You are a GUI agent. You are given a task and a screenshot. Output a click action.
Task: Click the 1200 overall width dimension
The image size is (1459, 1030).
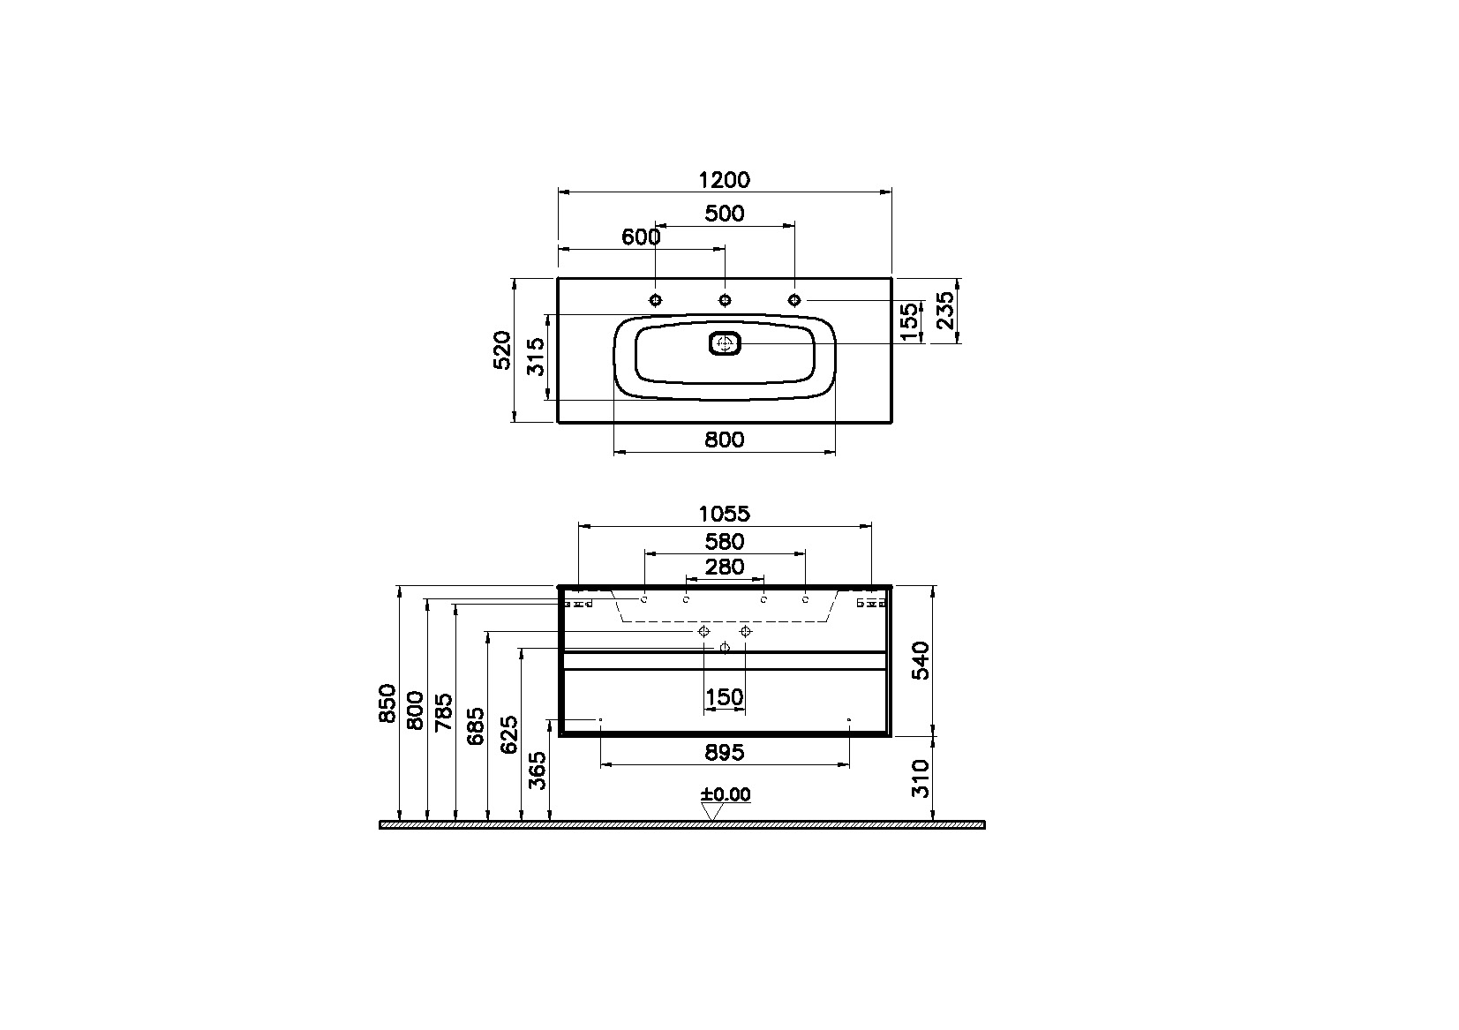click(x=725, y=180)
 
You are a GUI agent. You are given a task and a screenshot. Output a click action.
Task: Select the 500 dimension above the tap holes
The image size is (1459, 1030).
click(x=725, y=214)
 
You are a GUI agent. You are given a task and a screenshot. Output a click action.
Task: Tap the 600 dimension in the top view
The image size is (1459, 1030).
click(x=641, y=237)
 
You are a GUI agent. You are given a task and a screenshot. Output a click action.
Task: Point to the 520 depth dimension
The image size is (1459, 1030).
click(x=502, y=350)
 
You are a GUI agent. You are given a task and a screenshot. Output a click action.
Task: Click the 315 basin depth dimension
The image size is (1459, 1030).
click(x=536, y=357)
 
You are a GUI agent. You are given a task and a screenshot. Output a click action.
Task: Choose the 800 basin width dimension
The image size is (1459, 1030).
click(x=725, y=440)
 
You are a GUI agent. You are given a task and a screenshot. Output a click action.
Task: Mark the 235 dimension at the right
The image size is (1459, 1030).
click(x=945, y=310)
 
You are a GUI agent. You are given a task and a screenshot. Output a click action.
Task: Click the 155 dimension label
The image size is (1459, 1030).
click(x=909, y=321)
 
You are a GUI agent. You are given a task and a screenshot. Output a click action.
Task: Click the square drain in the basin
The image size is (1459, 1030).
click(x=725, y=343)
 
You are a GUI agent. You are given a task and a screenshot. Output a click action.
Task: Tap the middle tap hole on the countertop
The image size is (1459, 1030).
click(x=725, y=300)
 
